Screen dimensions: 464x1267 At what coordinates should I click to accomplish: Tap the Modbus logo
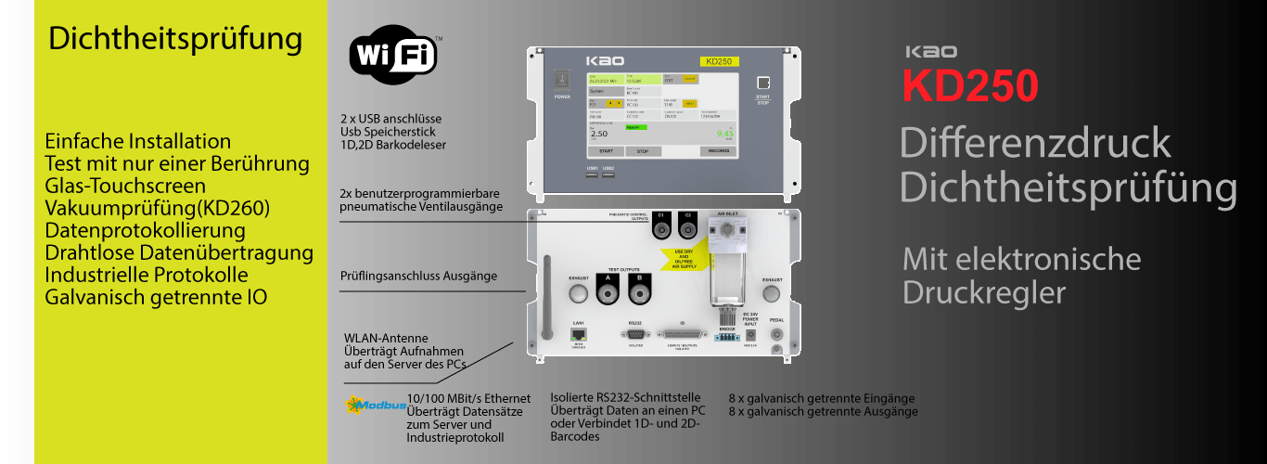pos(376,405)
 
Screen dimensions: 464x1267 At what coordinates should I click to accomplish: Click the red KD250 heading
pos(970,85)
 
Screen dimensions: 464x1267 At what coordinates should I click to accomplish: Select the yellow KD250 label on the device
pos(719,61)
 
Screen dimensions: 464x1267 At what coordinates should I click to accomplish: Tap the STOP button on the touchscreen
pos(642,150)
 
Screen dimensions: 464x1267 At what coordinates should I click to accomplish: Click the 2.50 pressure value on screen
pos(599,134)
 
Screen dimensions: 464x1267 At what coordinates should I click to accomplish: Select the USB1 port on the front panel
pos(593,174)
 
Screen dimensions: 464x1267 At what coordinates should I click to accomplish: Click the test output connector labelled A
pos(608,294)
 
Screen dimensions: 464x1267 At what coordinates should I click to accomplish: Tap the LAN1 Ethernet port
pos(577,333)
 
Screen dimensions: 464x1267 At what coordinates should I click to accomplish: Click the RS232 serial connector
pos(635,333)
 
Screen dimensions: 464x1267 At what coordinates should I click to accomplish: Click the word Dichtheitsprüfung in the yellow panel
pos(175,39)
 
